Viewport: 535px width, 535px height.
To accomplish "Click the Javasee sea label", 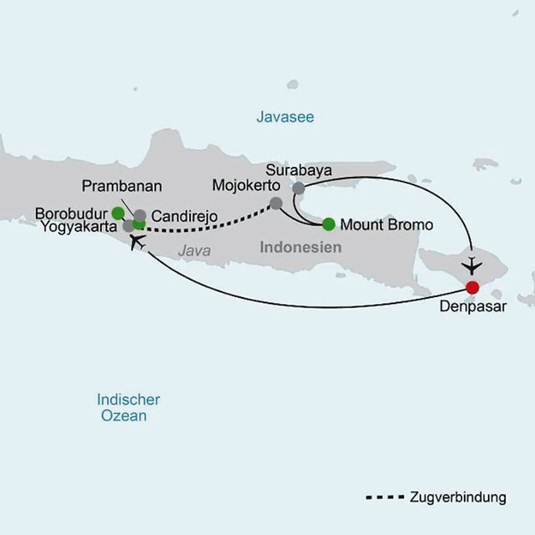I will click(285, 117).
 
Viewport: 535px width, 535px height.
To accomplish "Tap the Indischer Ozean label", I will click(128, 408).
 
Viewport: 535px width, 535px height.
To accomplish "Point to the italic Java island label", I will click(194, 250).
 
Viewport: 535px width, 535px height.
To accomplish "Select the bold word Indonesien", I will click(301, 247).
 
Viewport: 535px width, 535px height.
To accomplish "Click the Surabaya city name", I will click(299, 170).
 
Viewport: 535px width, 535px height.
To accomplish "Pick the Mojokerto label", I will click(246, 185).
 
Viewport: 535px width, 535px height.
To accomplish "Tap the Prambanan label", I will click(122, 186).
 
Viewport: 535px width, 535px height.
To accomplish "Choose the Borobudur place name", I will click(71, 214).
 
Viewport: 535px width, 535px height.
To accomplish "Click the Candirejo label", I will click(184, 216).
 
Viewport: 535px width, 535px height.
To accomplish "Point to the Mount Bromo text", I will click(387, 224).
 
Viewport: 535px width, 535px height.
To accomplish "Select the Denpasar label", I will click(473, 307).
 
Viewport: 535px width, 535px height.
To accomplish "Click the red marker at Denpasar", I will click(472, 288).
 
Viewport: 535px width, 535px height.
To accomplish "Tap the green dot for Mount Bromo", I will click(329, 224).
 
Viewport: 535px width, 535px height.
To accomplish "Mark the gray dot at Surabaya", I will click(299, 188).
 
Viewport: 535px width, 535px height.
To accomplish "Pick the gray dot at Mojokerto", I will click(276, 203).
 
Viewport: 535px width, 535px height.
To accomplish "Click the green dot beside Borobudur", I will click(118, 213).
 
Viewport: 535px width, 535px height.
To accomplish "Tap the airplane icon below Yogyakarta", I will click(137, 242).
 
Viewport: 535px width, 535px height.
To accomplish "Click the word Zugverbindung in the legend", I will click(458, 497).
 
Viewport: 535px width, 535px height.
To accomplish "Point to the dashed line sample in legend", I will click(385, 497).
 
